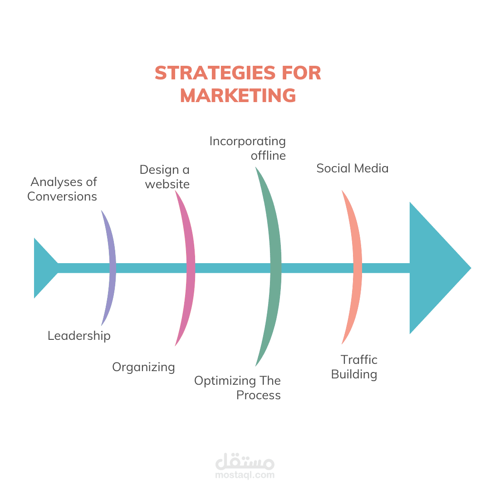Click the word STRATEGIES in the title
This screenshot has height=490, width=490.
pyautogui.click(x=215, y=73)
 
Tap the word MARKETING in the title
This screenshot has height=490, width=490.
pyautogui.click(x=238, y=95)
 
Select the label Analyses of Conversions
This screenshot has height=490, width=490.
pyautogui.click(x=62, y=189)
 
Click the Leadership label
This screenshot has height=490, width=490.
pyautogui.click(x=79, y=336)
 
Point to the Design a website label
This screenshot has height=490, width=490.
pyautogui.click(x=165, y=177)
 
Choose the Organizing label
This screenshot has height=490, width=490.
pyautogui.click(x=143, y=367)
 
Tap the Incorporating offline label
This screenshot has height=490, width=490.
pyautogui.click(x=248, y=148)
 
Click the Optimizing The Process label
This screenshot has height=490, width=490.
pyautogui.click(x=237, y=388)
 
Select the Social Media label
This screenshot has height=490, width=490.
pyautogui.click(x=353, y=168)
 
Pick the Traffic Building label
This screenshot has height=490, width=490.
pyautogui.click(x=354, y=367)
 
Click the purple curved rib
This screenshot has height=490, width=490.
pyautogui.click(x=113, y=268)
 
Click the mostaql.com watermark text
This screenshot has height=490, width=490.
pyautogui.click(x=245, y=475)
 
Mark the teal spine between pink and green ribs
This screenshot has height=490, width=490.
pyautogui.click(x=232, y=268)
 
